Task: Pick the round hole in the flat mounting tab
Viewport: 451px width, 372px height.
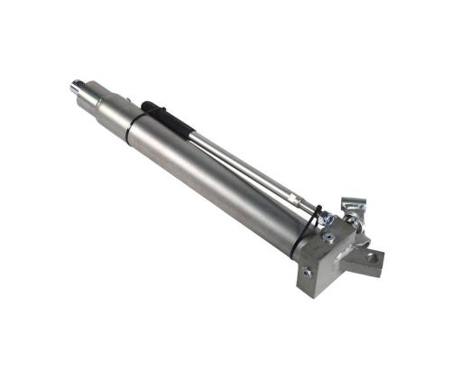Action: click(372, 258)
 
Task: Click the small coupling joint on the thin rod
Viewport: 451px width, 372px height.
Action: click(293, 195)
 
